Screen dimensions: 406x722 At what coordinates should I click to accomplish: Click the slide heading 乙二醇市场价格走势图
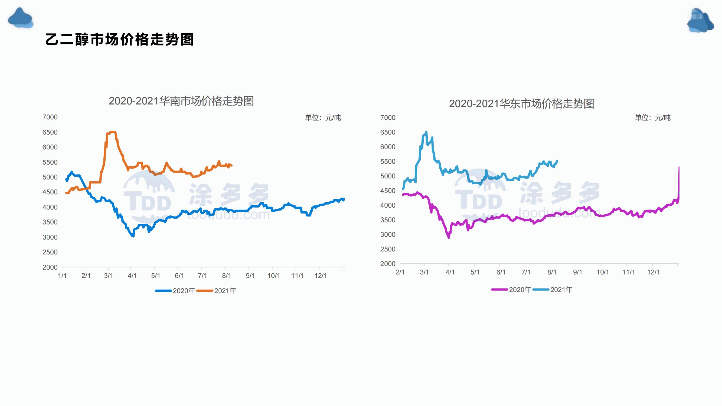119,40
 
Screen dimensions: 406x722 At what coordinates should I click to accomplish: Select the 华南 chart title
181,101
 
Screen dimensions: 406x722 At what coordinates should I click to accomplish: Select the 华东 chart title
521,104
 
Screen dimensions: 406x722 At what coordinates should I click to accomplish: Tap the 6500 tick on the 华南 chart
50,132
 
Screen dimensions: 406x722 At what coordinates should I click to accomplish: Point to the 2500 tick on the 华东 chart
388,249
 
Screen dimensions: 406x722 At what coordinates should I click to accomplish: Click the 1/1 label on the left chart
62,276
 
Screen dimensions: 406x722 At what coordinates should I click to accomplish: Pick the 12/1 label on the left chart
321,276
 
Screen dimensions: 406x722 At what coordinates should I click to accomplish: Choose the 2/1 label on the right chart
400,272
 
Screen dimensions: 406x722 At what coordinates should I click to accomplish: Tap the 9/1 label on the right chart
577,272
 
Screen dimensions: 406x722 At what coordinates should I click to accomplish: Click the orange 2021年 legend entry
217,291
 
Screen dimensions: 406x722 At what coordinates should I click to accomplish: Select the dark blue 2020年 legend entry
175,291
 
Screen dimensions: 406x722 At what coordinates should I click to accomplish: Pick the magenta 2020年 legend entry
511,290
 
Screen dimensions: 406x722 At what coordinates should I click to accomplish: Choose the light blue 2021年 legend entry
553,290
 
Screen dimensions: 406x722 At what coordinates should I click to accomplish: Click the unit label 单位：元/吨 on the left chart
323,118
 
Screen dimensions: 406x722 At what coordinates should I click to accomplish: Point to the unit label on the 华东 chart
652,118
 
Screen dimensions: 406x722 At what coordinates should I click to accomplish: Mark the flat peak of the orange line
112,132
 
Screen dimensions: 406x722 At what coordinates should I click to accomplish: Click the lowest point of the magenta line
449,237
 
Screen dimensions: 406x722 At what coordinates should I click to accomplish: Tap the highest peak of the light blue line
426,132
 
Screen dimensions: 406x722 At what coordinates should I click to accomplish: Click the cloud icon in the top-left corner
20,18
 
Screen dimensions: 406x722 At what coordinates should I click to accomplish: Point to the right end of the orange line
231,165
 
